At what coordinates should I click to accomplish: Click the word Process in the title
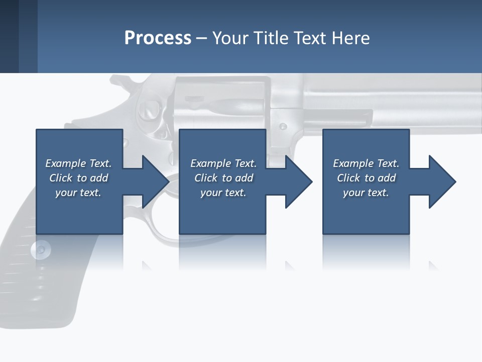click(x=158, y=38)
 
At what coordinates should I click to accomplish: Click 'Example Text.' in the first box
click(x=78, y=163)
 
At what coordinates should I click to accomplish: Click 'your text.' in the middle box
click(x=223, y=193)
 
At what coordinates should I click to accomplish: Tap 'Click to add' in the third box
click(x=366, y=178)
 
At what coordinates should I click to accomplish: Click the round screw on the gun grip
click(x=41, y=248)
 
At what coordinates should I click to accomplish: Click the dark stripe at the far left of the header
click(x=9, y=36)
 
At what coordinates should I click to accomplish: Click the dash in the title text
click(x=202, y=38)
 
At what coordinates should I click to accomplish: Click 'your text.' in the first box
click(x=78, y=193)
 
